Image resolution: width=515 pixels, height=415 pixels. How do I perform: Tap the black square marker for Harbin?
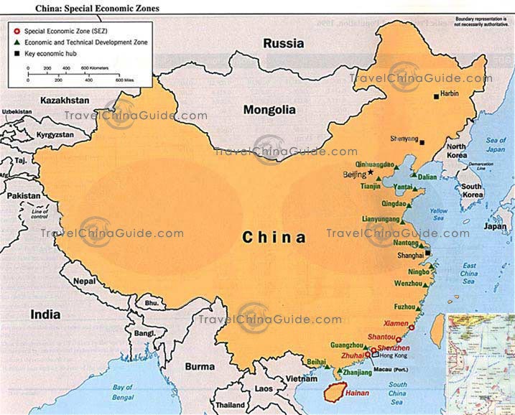435,95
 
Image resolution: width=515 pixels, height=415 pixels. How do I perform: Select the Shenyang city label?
404,138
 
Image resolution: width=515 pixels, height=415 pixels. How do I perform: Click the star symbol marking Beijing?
371,172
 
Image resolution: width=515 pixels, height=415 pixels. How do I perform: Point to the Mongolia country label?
269,110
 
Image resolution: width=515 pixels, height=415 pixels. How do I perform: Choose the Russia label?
283,44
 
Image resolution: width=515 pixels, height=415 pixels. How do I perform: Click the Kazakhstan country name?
65,100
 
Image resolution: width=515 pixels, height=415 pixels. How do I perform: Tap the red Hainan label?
357,393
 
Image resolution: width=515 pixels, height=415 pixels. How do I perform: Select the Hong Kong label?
394,355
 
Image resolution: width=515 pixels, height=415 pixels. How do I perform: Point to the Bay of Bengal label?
132,391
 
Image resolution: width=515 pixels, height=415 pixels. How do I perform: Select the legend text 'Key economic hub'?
54,54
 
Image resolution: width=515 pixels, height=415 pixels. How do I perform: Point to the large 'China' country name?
274,237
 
